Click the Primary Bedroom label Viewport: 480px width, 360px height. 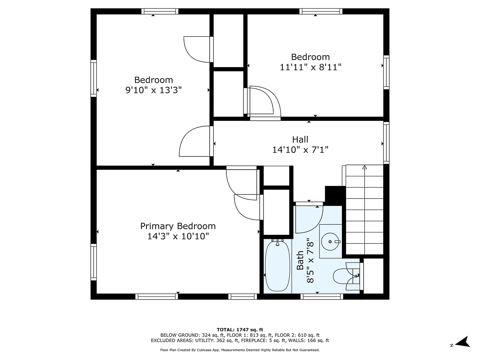pos(178,226)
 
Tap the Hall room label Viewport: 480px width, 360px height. pos(300,139)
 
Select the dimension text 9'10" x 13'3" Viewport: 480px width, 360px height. pos(154,90)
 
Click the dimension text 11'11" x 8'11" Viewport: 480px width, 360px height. pos(310,67)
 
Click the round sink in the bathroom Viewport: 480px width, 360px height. pos(330,242)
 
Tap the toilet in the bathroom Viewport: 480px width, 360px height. pos(345,276)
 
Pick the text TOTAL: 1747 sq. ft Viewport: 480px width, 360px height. pos(240,329)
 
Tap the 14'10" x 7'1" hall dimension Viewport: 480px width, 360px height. pos(300,150)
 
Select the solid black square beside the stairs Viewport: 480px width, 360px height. pos(335,195)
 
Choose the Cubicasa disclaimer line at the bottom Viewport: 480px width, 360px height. pos(240,350)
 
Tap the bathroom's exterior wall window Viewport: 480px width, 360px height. pos(322,296)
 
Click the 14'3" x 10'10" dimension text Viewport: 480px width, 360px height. pos(178,236)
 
